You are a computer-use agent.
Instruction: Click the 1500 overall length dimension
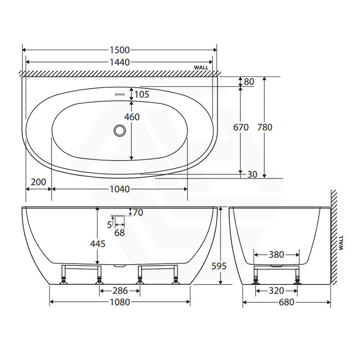(x=120, y=50)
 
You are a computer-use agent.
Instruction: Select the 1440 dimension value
(x=120, y=62)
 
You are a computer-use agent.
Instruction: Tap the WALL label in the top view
(x=201, y=67)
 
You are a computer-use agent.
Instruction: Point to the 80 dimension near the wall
(x=249, y=82)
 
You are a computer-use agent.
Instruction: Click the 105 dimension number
(x=142, y=94)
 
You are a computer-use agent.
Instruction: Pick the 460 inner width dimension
(x=132, y=117)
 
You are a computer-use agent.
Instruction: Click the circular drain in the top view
(x=120, y=130)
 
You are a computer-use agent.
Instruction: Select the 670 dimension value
(x=241, y=127)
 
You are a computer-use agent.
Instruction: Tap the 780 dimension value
(x=265, y=127)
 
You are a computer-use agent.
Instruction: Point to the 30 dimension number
(x=252, y=175)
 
